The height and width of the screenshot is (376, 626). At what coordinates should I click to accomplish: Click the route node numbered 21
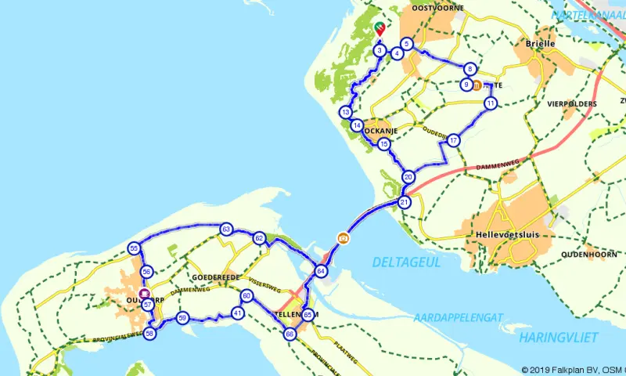point(405,202)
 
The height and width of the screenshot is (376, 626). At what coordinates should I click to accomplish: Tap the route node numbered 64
point(320,271)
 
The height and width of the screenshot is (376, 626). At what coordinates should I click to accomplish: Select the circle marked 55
point(135,248)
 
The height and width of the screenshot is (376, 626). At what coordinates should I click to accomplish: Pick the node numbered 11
point(490,103)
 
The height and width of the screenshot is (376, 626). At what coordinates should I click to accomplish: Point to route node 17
point(453,140)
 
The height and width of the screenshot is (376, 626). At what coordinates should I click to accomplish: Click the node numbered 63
point(226,229)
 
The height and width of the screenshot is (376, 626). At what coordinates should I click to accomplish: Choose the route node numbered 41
point(237,313)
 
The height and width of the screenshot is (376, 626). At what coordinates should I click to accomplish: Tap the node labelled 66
point(290,334)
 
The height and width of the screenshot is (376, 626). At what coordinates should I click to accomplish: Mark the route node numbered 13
point(345,113)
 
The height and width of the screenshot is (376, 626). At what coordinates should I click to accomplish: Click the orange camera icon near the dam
point(343,237)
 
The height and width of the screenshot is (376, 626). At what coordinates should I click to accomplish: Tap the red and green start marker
point(379,30)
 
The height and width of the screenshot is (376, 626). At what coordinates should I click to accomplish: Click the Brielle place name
point(541,44)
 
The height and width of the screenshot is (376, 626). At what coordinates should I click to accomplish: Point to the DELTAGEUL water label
point(406,262)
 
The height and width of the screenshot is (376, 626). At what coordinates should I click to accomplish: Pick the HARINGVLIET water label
point(558,337)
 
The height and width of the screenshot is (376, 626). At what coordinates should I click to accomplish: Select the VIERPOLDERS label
point(573,103)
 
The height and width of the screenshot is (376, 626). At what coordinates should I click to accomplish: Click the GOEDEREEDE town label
point(216,277)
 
